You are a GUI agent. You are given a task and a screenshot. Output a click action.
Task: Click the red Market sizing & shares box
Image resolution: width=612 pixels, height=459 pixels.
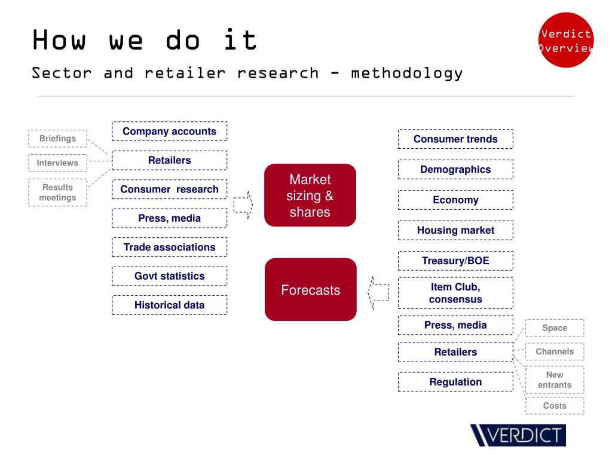(x=310, y=195)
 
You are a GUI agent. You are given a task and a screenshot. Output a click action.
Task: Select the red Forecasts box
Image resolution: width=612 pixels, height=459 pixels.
(x=310, y=290)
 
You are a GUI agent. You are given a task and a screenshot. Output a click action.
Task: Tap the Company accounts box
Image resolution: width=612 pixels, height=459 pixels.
(x=169, y=131)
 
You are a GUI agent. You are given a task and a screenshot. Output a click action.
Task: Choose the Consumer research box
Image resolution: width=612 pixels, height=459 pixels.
(x=169, y=189)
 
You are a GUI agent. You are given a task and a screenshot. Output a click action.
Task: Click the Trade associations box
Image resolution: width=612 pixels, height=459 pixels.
(x=169, y=247)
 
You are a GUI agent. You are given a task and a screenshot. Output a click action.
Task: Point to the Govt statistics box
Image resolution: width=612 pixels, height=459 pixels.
(x=169, y=276)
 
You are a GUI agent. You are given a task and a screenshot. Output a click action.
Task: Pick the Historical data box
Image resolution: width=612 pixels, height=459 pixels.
(x=169, y=305)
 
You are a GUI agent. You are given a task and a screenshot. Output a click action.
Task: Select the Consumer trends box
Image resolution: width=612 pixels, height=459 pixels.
(x=455, y=139)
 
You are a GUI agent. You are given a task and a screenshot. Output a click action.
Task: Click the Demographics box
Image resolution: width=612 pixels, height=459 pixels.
(x=455, y=170)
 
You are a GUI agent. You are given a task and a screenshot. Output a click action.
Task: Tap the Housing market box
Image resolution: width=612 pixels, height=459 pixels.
(x=455, y=230)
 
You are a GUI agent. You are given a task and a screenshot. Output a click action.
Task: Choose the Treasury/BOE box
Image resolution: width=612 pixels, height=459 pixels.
(x=455, y=261)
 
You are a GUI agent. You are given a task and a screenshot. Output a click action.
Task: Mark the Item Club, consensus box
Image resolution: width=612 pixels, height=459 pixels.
(x=455, y=293)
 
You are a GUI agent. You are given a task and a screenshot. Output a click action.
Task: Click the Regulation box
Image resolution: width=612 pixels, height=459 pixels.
(x=455, y=382)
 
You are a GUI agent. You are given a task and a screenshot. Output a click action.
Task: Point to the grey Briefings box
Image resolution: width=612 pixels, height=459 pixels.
(x=57, y=139)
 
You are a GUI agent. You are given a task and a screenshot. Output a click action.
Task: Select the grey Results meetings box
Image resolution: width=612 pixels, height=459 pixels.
(x=57, y=192)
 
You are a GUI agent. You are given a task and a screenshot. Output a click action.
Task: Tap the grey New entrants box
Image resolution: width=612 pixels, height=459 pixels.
(x=555, y=380)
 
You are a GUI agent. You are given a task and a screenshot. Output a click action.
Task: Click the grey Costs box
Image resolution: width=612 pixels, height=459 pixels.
(x=555, y=406)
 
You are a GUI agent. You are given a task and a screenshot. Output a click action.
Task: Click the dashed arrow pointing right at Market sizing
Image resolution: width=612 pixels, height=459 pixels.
(x=243, y=205)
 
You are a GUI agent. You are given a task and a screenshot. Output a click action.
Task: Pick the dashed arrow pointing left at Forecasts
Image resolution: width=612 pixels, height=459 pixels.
(x=378, y=292)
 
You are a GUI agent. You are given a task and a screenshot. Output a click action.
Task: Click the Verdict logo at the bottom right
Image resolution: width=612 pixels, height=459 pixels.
(x=518, y=435)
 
